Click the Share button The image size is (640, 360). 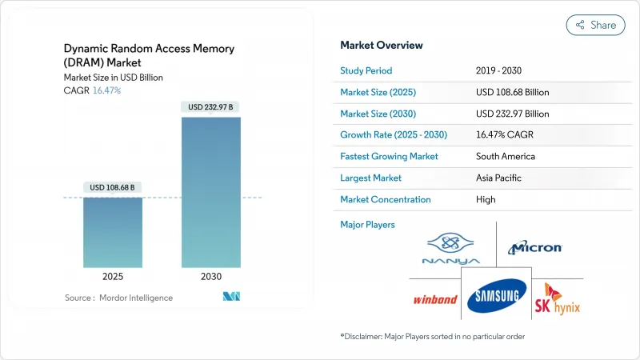596,25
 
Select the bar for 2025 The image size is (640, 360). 113,232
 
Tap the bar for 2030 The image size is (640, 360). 211,192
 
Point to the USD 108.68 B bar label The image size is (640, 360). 113,187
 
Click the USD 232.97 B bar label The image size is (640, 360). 211,107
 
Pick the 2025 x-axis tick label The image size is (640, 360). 113,276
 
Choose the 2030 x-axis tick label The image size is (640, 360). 211,276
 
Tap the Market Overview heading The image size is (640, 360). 382,46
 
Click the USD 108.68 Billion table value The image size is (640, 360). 512,92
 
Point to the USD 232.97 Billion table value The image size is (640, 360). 512,114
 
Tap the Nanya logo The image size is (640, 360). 452,249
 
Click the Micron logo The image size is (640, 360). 534,249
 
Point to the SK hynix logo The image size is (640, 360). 558,298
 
